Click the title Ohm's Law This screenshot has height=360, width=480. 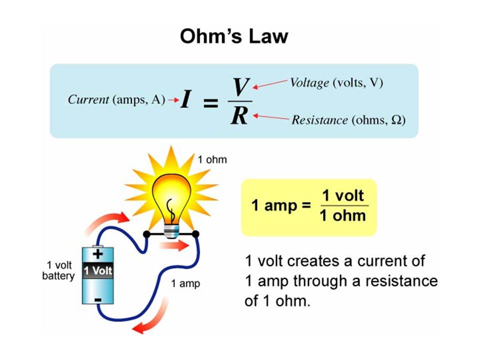tap(234, 36)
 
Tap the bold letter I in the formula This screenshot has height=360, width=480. tap(185, 99)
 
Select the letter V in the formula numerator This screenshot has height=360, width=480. tap(241, 87)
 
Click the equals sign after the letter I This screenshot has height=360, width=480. tap(210, 103)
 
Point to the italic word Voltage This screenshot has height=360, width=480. tap(310, 83)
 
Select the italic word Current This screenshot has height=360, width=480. tap(88, 99)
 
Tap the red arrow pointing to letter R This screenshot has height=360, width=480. tap(271, 117)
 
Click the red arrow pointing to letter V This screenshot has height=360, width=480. tap(270, 84)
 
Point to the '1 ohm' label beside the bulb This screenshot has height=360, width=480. tap(212, 160)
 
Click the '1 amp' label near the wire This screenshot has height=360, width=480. tap(185, 283)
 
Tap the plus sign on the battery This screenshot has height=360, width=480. tap(98, 253)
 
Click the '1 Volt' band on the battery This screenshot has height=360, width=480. tap(98, 271)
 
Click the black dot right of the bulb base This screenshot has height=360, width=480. tap(195, 234)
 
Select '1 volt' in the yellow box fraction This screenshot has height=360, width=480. tap(343, 195)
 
